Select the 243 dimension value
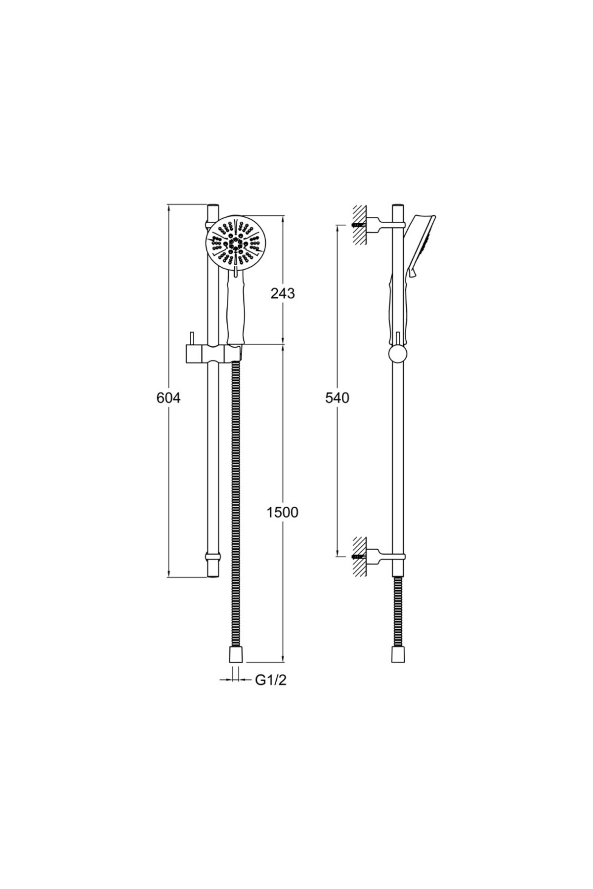(282, 293)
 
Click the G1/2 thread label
(271, 680)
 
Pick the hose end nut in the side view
(398, 655)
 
